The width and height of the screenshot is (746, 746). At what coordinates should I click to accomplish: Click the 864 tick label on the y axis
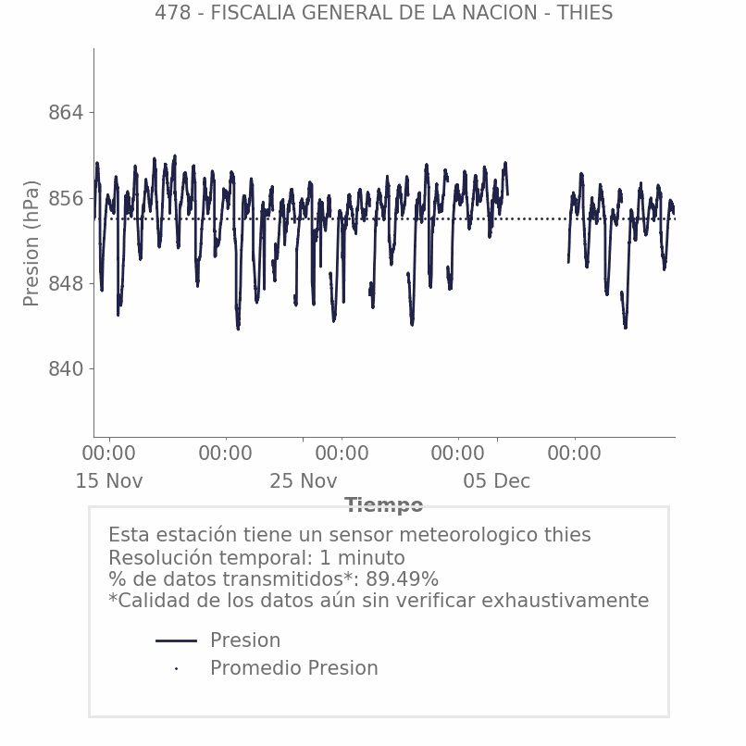[x=65, y=113]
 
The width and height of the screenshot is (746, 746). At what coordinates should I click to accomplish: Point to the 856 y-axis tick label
[x=65, y=198]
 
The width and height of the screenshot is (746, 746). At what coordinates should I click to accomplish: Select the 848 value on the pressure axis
[x=65, y=283]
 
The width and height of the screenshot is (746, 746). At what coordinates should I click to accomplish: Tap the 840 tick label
[x=65, y=369]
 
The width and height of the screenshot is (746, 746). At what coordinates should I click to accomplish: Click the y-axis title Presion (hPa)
[x=32, y=242]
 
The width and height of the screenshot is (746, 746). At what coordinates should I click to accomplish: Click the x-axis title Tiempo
[x=383, y=505]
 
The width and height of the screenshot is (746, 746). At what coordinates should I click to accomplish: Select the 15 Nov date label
[x=109, y=481]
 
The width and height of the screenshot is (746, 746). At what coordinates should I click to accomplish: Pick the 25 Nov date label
[x=303, y=481]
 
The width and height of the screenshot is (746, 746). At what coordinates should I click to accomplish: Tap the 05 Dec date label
[x=497, y=481]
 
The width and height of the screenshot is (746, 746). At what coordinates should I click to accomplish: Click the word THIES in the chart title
[x=585, y=13]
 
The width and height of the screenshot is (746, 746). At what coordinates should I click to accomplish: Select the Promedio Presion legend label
[x=293, y=668]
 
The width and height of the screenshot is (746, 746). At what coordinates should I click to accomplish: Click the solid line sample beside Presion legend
[x=176, y=640]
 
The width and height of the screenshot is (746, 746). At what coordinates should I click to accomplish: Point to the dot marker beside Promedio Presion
[x=176, y=668]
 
